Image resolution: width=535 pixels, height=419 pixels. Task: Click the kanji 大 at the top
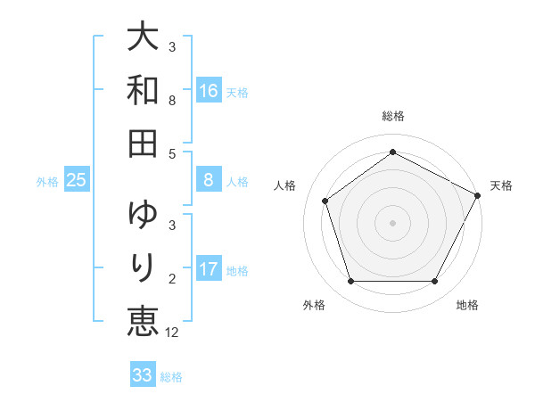143,40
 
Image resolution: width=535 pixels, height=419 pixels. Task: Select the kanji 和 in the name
143,91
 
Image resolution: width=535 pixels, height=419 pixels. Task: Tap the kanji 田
143,142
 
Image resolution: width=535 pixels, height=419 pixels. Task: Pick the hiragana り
143,267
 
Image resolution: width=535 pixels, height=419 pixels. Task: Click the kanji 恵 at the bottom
143,319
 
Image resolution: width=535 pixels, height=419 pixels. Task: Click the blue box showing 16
209,91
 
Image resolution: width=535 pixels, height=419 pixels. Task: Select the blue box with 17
209,269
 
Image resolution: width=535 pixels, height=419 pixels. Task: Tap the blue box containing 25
76,181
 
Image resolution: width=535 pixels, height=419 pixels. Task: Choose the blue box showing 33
143,375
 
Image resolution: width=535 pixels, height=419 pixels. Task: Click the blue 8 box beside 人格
209,181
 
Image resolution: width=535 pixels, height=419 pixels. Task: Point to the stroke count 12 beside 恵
173,333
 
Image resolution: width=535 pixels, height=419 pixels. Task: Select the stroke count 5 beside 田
172,153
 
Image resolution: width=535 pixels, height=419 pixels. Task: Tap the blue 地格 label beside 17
237,270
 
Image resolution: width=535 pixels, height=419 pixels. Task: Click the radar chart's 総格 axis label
392,116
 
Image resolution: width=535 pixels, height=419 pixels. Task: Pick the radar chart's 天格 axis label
501,185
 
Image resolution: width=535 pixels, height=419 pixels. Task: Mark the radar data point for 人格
325,201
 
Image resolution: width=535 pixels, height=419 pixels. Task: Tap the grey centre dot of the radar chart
392,223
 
